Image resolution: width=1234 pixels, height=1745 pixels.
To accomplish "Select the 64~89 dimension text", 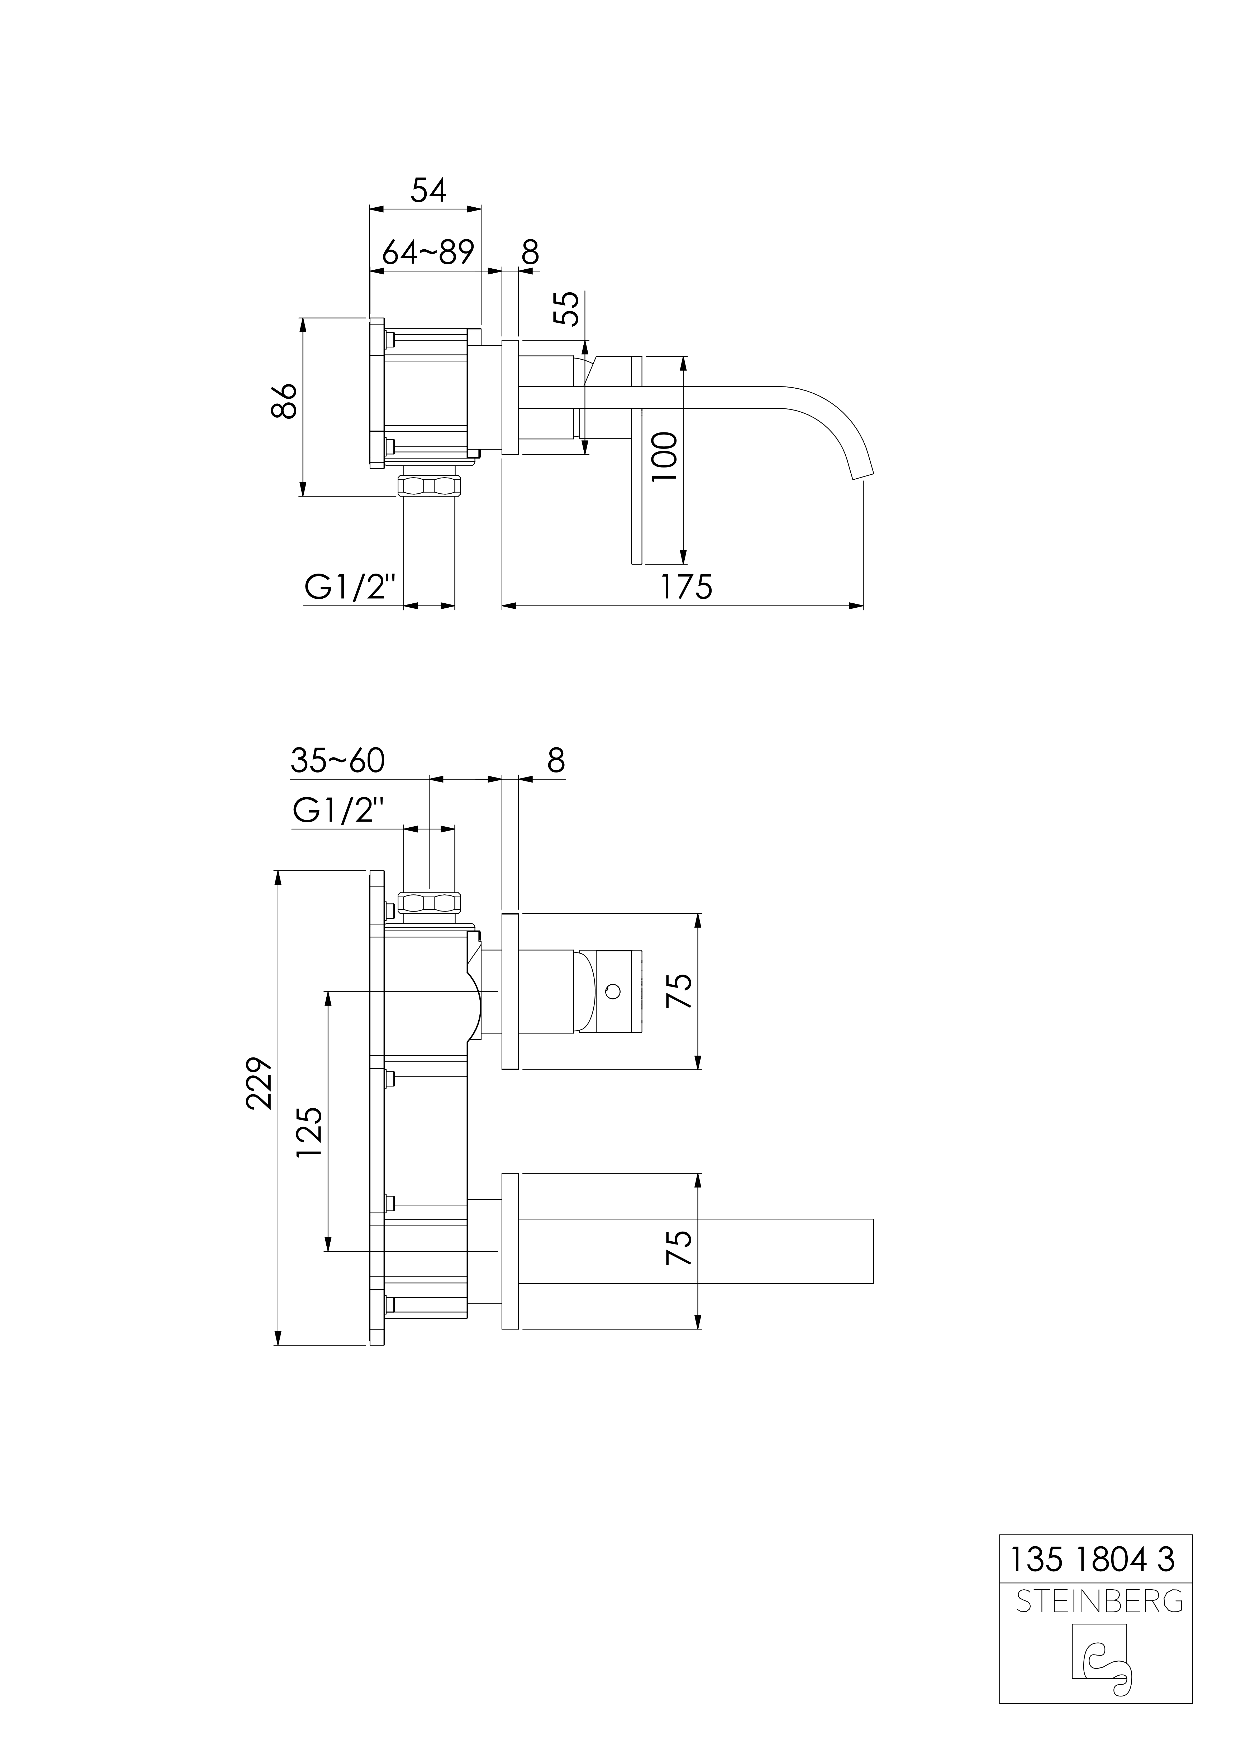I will pos(428,251).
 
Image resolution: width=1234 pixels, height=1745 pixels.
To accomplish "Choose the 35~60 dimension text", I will pos(337,761).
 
